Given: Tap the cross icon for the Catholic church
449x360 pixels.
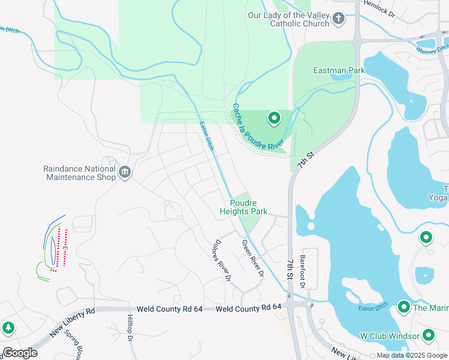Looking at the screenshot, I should click(x=339, y=19).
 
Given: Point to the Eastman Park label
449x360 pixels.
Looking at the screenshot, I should click(x=339, y=70).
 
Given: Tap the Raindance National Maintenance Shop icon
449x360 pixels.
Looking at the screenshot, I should click(x=125, y=173).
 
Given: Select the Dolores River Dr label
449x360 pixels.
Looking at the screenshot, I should click(x=221, y=261).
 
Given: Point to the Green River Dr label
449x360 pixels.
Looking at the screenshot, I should click(x=253, y=259).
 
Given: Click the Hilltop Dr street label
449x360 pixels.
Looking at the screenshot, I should click(x=130, y=328).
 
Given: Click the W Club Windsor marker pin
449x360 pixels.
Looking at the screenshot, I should click(x=429, y=335).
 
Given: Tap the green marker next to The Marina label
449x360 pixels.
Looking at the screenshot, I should click(x=403, y=308).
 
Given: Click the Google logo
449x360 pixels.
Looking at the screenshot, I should click(x=19, y=353).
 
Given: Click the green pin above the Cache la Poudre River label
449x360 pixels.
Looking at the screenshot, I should click(x=274, y=119).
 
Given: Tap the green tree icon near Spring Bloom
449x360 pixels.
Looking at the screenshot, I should click(x=8, y=328).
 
